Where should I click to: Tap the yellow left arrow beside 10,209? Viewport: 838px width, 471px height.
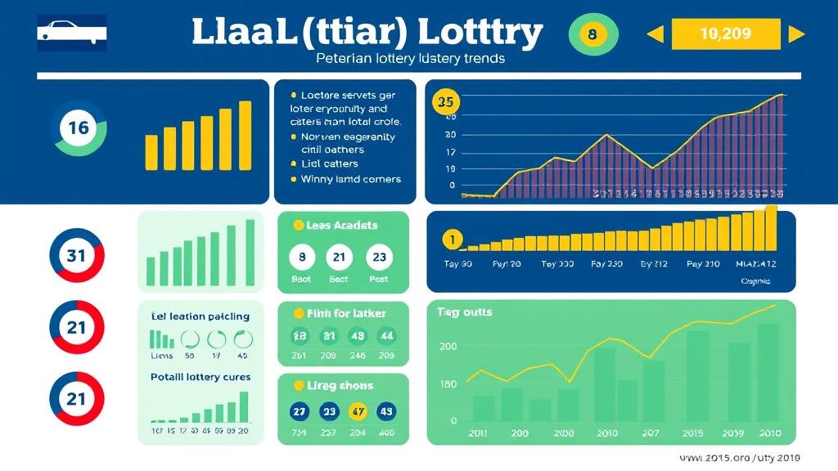pyautogui.click(x=655, y=34)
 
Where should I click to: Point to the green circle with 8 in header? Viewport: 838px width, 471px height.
pyautogui.click(x=592, y=34)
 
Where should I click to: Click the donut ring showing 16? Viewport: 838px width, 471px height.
pyautogui.click(x=78, y=128)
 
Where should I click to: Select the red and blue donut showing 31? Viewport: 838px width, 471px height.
pyautogui.click(x=76, y=256)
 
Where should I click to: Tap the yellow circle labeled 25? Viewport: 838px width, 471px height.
pyautogui.click(x=445, y=103)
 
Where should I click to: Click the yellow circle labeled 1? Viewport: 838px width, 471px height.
pyautogui.click(x=450, y=240)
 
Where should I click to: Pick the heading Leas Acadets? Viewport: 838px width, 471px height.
pyautogui.click(x=341, y=226)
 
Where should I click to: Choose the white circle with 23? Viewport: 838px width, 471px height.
pyautogui.click(x=379, y=257)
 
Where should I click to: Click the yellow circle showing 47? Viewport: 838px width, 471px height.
pyautogui.click(x=358, y=411)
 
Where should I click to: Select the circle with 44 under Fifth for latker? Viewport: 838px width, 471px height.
pyautogui.click(x=386, y=335)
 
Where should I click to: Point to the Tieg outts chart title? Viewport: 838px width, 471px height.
pyautogui.click(x=464, y=312)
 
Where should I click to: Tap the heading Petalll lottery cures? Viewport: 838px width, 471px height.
pyautogui.click(x=200, y=378)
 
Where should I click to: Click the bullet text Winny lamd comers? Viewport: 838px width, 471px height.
pyautogui.click(x=351, y=179)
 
